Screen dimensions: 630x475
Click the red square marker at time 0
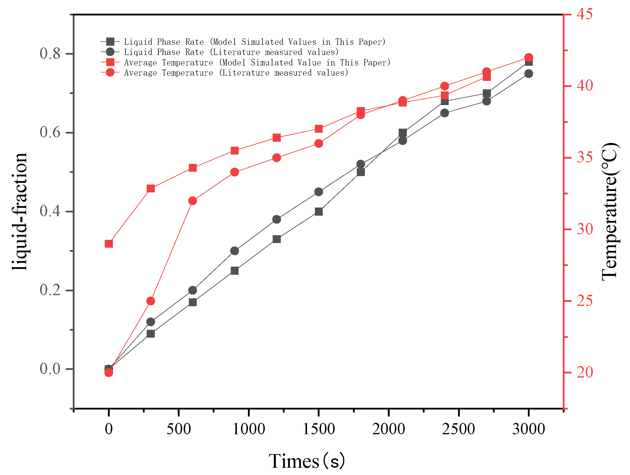click(x=109, y=244)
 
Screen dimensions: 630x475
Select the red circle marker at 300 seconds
click(x=151, y=301)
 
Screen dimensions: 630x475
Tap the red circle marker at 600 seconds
click(x=193, y=201)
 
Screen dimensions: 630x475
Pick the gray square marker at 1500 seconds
click(x=319, y=212)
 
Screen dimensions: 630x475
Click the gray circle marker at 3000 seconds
click(x=529, y=74)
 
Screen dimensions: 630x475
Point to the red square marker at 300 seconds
click(x=151, y=189)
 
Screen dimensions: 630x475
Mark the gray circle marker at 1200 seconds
click(x=277, y=219)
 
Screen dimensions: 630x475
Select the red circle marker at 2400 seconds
click(x=445, y=86)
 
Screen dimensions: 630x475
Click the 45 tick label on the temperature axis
click(x=585, y=14)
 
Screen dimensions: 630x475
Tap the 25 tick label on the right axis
click(x=585, y=301)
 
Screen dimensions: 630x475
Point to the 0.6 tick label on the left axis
click(x=50, y=132)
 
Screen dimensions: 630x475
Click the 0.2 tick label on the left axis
click(x=50, y=290)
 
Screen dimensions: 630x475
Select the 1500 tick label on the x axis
click(x=319, y=429)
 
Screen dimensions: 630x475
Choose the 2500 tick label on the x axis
click(x=459, y=429)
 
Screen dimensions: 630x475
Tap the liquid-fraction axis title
click(x=20, y=212)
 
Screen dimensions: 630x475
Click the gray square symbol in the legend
click(x=110, y=42)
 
